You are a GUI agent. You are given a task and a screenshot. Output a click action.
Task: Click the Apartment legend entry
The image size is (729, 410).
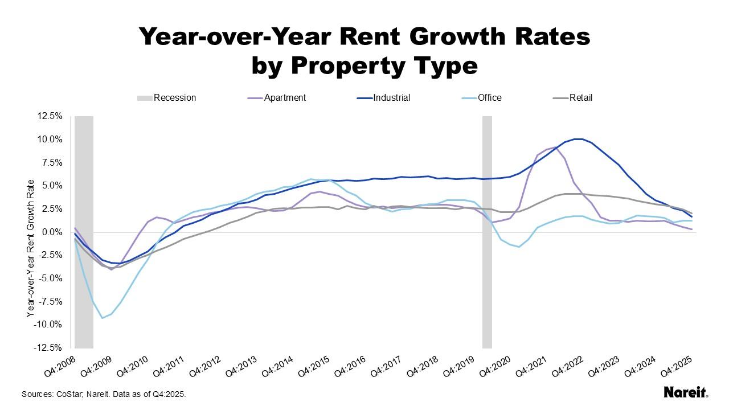click(x=285, y=98)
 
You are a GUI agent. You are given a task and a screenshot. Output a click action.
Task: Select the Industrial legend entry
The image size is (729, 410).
click(x=391, y=98)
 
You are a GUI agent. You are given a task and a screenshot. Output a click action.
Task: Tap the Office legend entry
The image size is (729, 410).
click(x=489, y=98)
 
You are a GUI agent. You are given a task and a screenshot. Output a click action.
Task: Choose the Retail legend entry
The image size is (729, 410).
click(x=580, y=98)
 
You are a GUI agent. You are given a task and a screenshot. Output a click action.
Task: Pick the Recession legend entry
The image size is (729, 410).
click(x=174, y=98)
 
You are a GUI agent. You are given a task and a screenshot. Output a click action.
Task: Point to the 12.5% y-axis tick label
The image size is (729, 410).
click(x=50, y=116)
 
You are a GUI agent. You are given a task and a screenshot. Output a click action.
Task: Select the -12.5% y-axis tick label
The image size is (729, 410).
click(x=49, y=348)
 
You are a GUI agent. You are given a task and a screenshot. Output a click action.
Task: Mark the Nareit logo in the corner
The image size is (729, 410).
click(x=686, y=392)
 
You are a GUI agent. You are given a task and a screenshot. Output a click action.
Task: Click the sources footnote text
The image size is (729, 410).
click(x=104, y=394)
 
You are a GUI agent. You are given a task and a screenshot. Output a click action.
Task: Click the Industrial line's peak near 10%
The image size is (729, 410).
click(x=578, y=139)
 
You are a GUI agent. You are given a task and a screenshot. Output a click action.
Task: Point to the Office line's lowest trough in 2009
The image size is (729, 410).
click(x=102, y=318)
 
